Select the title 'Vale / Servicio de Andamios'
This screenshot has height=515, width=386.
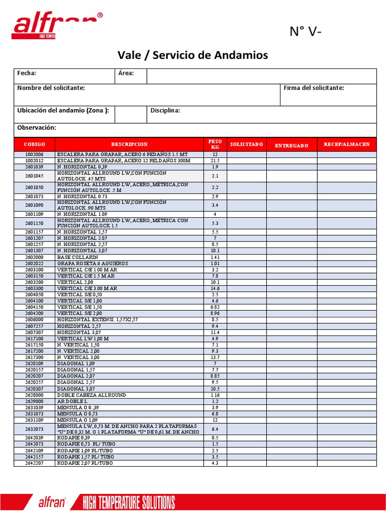tap(192, 55)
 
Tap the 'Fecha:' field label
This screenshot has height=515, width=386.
tap(27, 73)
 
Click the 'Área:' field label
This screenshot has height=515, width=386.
tap(126, 73)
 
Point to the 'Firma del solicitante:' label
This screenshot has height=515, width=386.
tap(314, 88)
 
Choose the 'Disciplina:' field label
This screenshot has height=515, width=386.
tap(165, 111)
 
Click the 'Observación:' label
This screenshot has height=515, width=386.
tap(37, 128)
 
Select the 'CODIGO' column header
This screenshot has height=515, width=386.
tap(34, 144)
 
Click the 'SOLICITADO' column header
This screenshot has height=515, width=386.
tap(246, 144)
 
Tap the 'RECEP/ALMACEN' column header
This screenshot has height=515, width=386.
tap(346, 144)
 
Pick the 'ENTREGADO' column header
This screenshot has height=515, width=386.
tap(292, 145)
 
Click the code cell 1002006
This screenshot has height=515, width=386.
tap(34, 154)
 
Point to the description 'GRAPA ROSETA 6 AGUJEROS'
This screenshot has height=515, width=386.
tap(92, 264)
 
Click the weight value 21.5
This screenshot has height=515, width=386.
tap(215, 160)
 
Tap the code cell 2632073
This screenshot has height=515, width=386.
tap(34, 429)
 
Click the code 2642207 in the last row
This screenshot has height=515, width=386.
tap(34, 463)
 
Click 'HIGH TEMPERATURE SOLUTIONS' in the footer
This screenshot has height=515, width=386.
tap(129, 502)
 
